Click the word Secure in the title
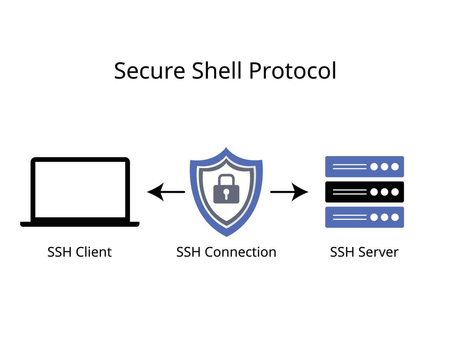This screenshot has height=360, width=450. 149,71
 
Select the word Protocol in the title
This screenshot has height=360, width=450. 292,71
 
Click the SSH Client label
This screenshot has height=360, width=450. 79,252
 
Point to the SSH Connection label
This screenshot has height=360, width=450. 226,252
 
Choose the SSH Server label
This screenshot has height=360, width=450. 364,252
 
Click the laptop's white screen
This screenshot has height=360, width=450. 80,189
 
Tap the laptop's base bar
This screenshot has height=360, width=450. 80,224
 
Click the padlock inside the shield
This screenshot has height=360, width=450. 226,193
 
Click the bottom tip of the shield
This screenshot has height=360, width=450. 226,235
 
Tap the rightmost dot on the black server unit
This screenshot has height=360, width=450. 395,192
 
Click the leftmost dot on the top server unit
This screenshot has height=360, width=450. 374,167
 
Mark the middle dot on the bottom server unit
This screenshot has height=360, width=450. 385,217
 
